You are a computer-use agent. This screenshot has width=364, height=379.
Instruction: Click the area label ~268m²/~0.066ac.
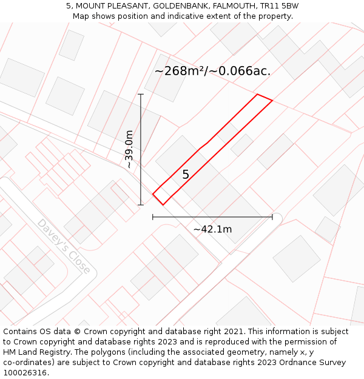tap(212, 71)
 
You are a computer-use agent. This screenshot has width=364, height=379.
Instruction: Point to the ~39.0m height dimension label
tap(128, 149)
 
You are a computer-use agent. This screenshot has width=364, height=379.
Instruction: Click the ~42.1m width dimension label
tap(212, 229)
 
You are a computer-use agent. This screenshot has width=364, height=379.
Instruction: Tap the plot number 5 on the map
tap(186, 175)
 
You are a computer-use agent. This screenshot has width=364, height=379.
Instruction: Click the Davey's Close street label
tap(64, 246)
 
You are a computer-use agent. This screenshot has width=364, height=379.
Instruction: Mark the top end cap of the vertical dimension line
tap(141, 94)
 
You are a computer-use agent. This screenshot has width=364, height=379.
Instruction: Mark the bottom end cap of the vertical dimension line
tap(141, 205)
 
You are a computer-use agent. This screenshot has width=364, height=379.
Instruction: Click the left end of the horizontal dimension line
tap(153, 216)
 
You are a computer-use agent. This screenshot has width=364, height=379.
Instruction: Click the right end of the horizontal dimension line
tap(272, 216)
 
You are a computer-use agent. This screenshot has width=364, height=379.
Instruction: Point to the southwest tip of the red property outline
tap(153, 194)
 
